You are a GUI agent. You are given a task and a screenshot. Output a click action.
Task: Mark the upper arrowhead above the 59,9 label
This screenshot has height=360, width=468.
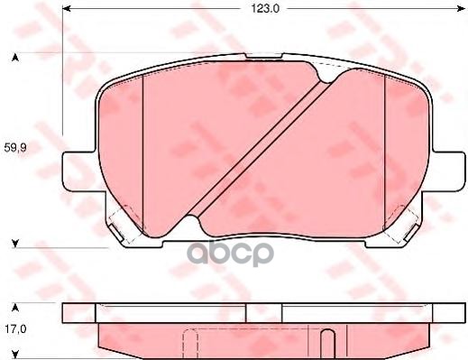[x=15, y=58]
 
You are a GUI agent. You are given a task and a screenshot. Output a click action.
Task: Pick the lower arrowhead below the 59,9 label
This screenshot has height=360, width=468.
[x=15, y=243]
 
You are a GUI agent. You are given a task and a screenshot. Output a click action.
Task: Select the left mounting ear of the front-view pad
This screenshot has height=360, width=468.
[x=77, y=171]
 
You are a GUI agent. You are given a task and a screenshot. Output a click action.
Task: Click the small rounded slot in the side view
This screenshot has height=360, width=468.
[x=329, y=341]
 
